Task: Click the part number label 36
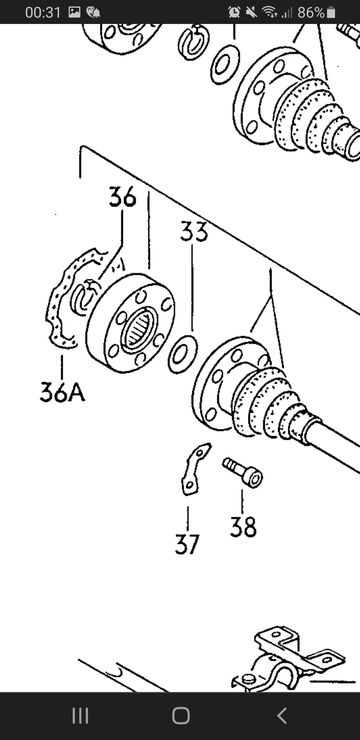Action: (x=122, y=197)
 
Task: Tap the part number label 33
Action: (x=194, y=232)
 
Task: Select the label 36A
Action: (x=62, y=392)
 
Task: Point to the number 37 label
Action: (x=187, y=544)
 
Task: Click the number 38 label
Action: (x=243, y=527)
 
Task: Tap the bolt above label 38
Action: (x=243, y=472)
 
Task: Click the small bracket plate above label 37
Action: (x=195, y=469)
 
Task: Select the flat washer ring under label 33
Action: (x=183, y=354)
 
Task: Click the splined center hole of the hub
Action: (x=139, y=329)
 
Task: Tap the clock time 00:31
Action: (x=43, y=12)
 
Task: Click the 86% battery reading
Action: (x=310, y=12)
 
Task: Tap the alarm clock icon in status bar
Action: (x=234, y=12)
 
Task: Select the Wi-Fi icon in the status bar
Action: (x=269, y=12)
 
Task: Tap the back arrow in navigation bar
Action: (x=282, y=716)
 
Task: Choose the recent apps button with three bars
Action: (x=80, y=716)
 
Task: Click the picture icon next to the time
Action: (x=74, y=12)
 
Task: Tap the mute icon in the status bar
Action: (x=250, y=12)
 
